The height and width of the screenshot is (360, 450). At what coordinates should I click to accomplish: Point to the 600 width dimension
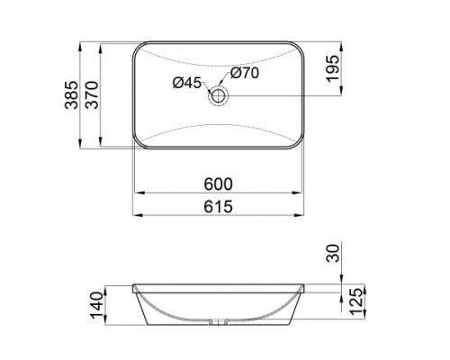point(219,184)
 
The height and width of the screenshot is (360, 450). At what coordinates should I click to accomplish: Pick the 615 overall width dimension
point(219,206)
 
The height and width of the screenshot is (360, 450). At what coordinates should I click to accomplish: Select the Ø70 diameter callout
point(245,74)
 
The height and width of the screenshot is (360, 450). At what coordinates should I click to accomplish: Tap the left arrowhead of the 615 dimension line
point(136,215)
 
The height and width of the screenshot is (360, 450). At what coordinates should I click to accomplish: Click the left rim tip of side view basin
point(134,288)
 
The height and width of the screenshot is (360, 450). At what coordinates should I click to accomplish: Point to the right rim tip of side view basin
point(306,288)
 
